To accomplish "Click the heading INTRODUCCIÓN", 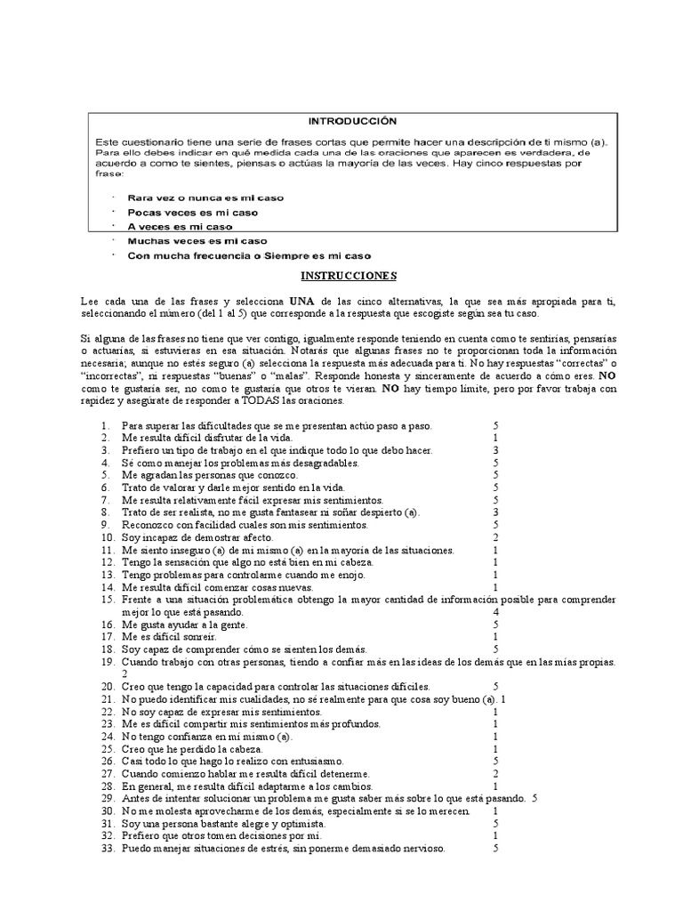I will click(x=352, y=120).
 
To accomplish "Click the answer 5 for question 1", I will click(x=495, y=426).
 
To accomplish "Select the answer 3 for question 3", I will click(x=495, y=451).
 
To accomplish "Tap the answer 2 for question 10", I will click(x=495, y=538).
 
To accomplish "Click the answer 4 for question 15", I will click(x=495, y=613).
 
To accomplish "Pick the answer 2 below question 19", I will click(x=125, y=674).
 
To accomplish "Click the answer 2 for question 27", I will click(x=495, y=774).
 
